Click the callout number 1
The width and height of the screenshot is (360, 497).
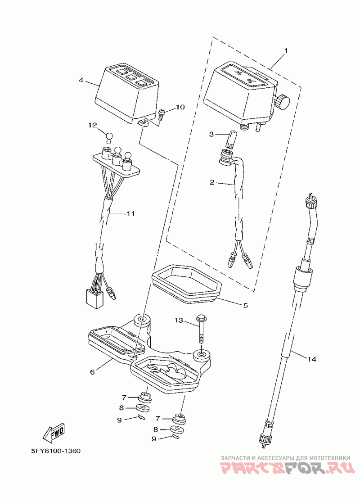286,51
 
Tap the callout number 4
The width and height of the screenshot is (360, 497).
81,80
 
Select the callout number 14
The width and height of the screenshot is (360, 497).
311,359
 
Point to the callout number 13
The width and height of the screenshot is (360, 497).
179,321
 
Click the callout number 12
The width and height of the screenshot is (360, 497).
93,125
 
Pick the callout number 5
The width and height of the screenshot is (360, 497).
246,306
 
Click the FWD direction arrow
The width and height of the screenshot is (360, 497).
54,433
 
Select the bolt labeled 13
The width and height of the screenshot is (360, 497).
201,329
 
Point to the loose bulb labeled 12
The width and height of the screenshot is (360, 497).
109,138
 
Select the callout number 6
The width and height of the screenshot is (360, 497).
93,372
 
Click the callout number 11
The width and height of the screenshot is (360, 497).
130,214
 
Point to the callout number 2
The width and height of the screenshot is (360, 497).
212,182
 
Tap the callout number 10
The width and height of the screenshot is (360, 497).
180,107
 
